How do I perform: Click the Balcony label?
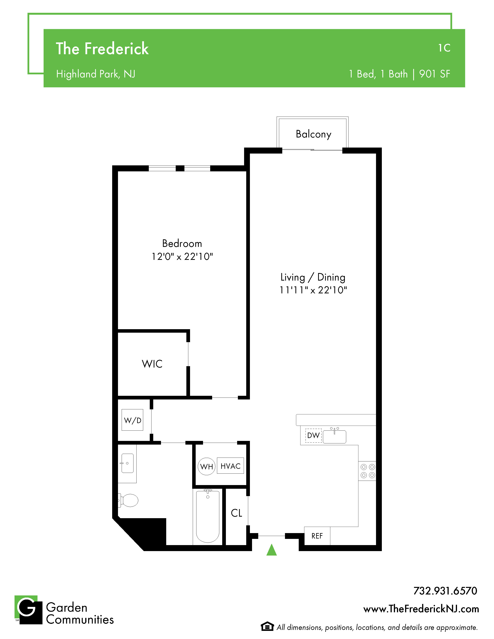(x=313, y=134)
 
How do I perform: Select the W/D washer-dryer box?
(x=133, y=420)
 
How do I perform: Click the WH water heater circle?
(x=207, y=466)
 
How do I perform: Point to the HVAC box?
(x=231, y=466)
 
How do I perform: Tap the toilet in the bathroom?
(x=128, y=500)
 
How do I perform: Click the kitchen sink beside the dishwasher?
(x=335, y=436)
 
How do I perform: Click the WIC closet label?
(x=152, y=364)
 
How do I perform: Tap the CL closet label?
(x=237, y=513)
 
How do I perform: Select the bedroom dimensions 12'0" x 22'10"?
(x=182, y=257)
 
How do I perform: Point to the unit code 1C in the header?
(x=444, y=48)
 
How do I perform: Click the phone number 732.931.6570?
(x=445, y=591)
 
